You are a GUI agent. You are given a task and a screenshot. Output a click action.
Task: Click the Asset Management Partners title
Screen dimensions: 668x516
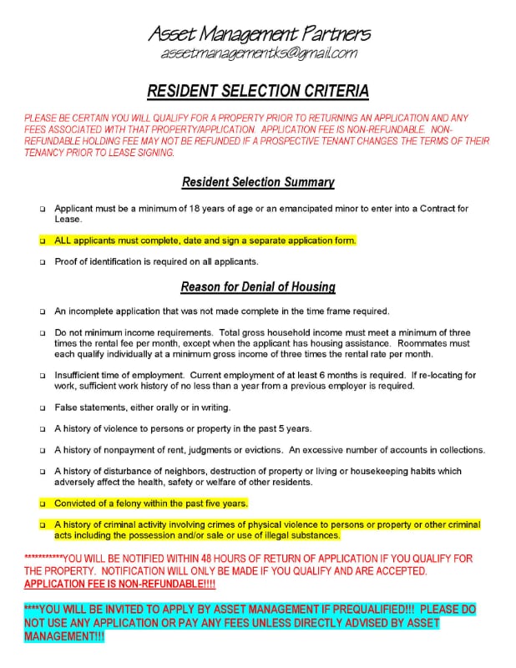pyautogui.click(x=258, y=34)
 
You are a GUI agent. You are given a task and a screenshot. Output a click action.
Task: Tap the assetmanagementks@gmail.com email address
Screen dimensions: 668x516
pyautogui.click(x=258, y=53)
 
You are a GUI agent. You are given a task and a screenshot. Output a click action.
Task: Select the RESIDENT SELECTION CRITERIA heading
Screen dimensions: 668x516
pyautogui.click(x=258, y=91)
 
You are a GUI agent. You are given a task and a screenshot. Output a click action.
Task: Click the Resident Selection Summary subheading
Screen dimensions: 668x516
pyautogui.click(x=258, y=182)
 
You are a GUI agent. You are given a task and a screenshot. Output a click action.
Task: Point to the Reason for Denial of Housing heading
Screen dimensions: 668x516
pyautogui.click(x=258, y=287)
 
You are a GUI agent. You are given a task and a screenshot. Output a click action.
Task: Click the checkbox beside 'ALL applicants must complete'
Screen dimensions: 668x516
pyautogui.click(x=42, y=240)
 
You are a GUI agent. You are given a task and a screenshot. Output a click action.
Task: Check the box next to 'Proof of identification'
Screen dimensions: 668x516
pyautogui.click(x=42, y=262)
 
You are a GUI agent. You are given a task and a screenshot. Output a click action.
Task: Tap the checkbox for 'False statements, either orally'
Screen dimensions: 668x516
pyautogui.click(x=42, y=408)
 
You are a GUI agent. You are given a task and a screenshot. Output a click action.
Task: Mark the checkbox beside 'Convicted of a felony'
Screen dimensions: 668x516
pyautogui.click(x=42, y=504)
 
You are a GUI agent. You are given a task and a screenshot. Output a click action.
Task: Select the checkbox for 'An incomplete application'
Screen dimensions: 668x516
pyautogui.click(x=42, y=312)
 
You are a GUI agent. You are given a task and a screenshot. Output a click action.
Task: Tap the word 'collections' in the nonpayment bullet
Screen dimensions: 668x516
pyautogui.click(x=458, y=450)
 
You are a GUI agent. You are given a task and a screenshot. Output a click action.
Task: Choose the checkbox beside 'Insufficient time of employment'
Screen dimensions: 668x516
pyautogui.click(x=42, y=377)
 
